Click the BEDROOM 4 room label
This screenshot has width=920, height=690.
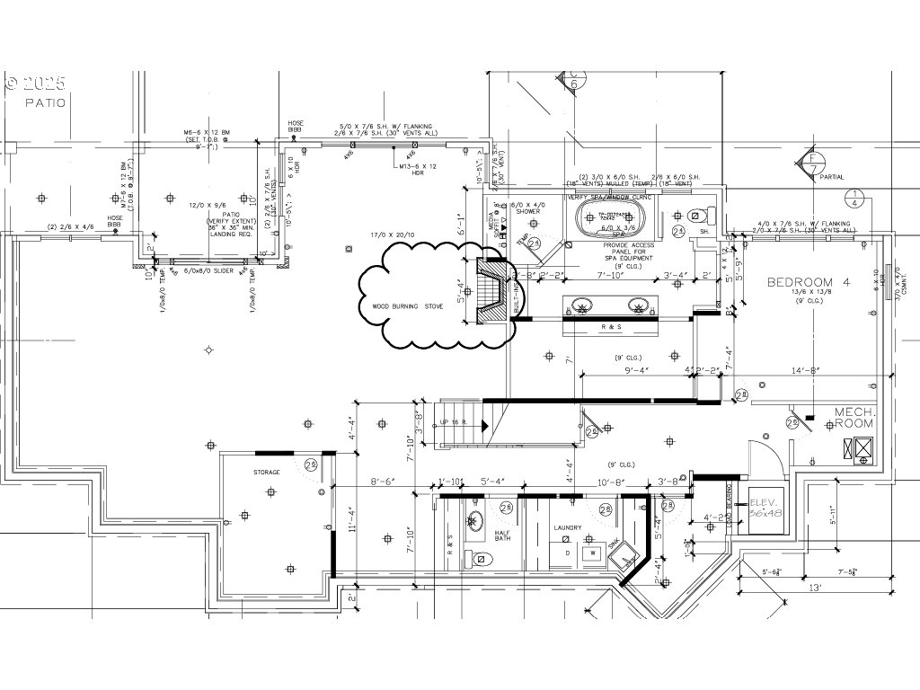[x=808, y=283]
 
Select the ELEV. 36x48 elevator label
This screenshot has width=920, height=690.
[x=764, y=507]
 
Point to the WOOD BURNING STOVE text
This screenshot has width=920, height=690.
[x=408, y=306]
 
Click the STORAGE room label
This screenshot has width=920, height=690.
[x=266, y=472]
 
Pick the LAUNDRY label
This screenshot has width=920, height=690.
[x=568, y=528]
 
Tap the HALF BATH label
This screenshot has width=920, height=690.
[x=503, y=535]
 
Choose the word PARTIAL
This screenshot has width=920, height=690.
[x=832, y=177]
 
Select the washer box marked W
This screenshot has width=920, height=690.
[x=593, y=553]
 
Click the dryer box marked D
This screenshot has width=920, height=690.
[x=567, y=553]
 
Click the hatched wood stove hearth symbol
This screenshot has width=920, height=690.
[x=491, y=291]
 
